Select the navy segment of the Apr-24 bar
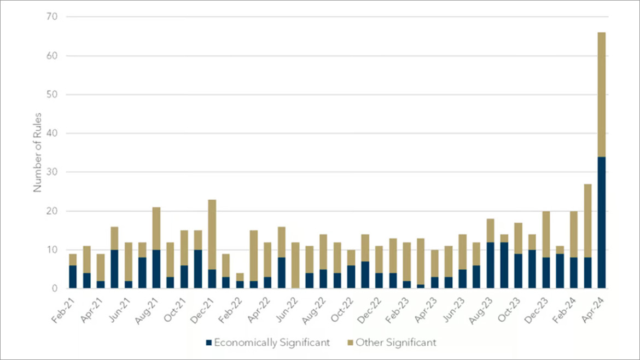pos(601,222)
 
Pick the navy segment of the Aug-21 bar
pos(156,269)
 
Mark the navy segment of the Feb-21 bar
pos(73,276)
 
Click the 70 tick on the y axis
pos(53,17)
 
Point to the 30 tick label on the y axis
pos(53,172)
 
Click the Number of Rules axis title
pos(38,153)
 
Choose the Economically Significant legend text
pos(272,343)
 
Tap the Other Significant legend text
pos(396,343)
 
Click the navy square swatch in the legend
pos(208,343)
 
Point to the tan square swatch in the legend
pos(350,343)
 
